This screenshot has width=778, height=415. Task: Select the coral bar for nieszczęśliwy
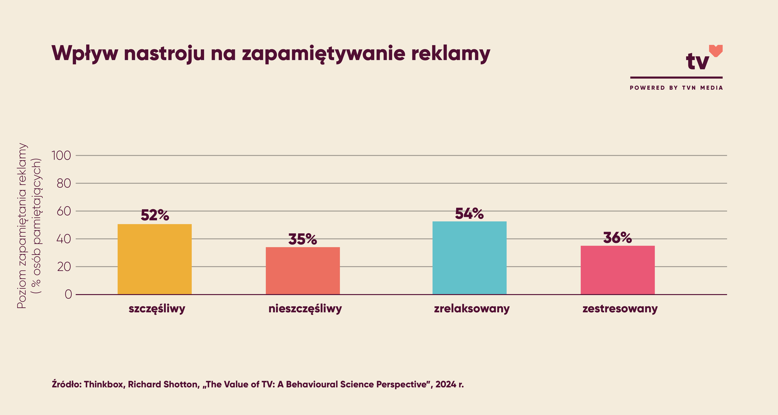pos(303,271)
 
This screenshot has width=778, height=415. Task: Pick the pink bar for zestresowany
pos(618,270)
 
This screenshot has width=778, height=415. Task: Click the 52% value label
pos(155,215)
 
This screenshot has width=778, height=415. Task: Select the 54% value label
pos(469,214)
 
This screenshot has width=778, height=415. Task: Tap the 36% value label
pos(618,238)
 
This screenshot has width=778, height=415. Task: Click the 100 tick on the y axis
pos(61,156)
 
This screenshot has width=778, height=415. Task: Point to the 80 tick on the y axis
pos(64,183)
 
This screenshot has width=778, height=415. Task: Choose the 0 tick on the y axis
pos(68,294)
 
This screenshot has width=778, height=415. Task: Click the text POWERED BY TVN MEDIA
pos(676,88)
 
